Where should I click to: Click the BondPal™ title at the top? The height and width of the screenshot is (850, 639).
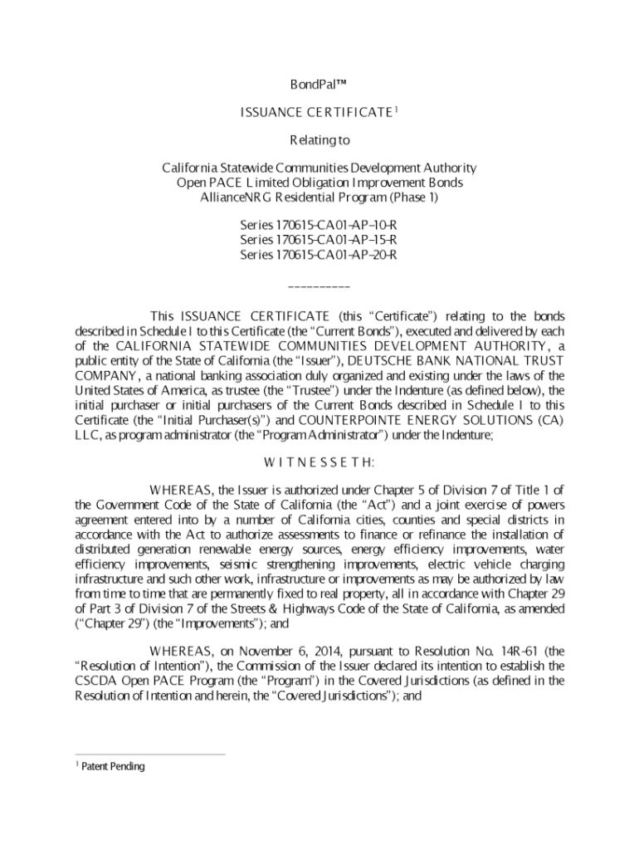pos(319,85)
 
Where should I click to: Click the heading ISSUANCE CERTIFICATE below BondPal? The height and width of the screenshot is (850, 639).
pos(315,113)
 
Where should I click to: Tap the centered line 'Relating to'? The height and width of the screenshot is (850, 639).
pos(319,140)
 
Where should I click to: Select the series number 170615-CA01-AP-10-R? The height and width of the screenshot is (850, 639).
pos(319,225)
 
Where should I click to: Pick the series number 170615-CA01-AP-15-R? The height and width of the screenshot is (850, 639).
pos(319,240)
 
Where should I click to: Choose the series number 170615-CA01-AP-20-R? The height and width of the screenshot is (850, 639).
pos(319,255)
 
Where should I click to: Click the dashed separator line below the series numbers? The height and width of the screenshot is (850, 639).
pos(319,287)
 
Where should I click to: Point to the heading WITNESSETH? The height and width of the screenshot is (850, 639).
pos(319,462)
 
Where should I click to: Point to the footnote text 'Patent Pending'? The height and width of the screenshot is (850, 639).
pos(112,766)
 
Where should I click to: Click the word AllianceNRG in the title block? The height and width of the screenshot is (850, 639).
pos(235,198)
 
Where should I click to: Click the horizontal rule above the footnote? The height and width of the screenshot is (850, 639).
pos(149,755)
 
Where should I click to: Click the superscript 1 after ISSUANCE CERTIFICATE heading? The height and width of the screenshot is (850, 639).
pos(397,110)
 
